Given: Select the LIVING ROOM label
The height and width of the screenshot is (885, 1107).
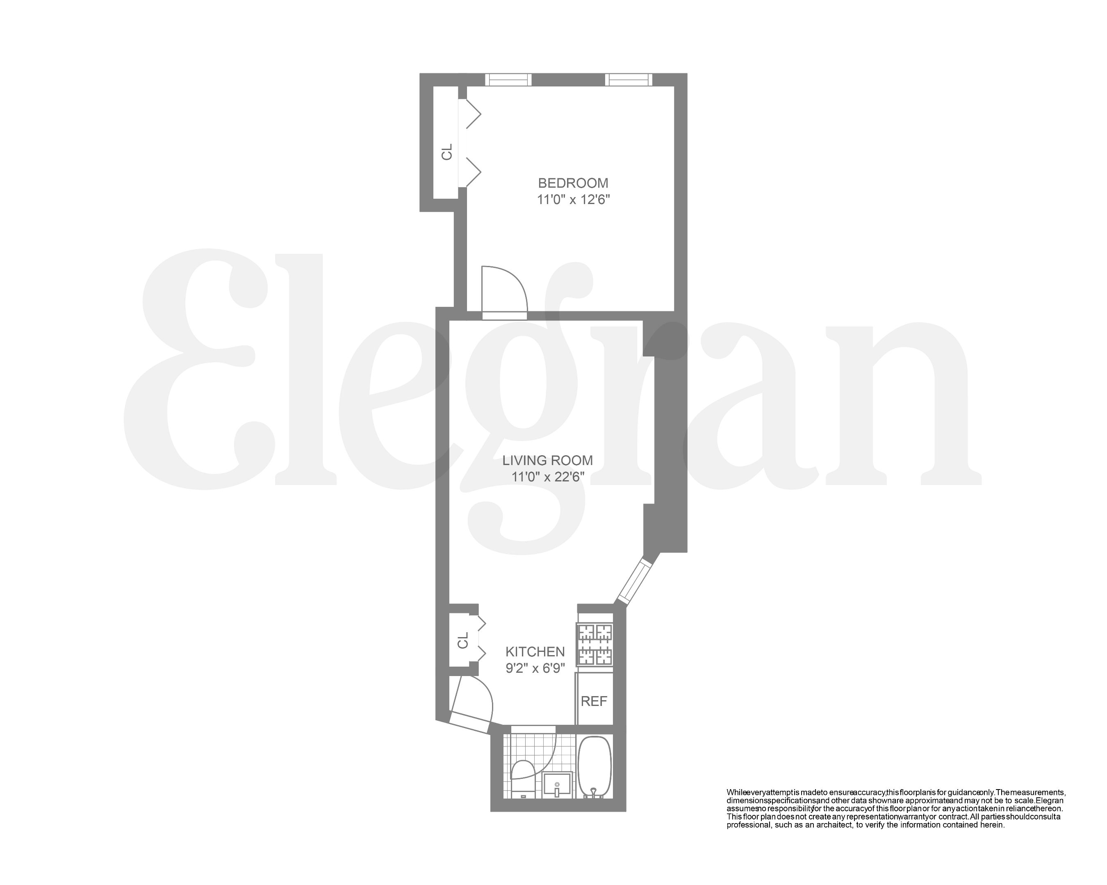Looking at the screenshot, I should click(x=547, y=460).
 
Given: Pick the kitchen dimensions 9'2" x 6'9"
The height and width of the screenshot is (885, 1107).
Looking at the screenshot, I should click(x=535, y=668).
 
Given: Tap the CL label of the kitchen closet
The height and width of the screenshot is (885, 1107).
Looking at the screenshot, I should click(x=462, y=640).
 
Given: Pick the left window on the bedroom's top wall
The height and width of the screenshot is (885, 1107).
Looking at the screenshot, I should click(x=508, y=79).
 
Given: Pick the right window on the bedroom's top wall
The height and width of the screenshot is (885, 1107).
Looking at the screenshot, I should click(x=629, y=79).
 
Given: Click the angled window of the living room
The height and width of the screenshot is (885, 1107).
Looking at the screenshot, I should click(x=635, y=582).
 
